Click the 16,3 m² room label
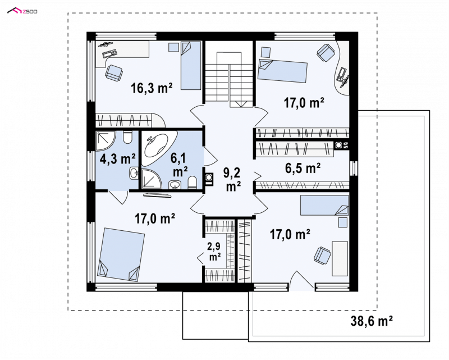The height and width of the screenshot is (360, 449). click(152, 88)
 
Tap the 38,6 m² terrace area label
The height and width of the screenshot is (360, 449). click(372, 321)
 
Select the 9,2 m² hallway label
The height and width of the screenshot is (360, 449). click(232, 180)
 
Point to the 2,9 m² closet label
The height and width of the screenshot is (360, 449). click(214, 252)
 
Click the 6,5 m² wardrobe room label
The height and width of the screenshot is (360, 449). click(303, 168)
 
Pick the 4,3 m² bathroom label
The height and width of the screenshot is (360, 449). click(117, 158)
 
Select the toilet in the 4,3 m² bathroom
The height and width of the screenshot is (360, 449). click(127, 137)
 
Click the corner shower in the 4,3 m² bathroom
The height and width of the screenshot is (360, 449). click(105, 141)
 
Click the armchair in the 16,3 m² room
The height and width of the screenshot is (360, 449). click(114, 72)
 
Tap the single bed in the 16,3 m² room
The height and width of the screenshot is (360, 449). click(190, 66)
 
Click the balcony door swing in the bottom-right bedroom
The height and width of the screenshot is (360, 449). click(301, 280)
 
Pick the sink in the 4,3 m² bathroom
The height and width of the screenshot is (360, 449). click(134, 173)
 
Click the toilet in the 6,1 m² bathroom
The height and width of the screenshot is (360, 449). click(192, 183)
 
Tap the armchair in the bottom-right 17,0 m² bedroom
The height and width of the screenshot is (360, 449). click(322, 254)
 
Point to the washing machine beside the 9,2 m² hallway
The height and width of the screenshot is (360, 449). click(209, 177)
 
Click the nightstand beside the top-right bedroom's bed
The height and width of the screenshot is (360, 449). click(266, 52)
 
